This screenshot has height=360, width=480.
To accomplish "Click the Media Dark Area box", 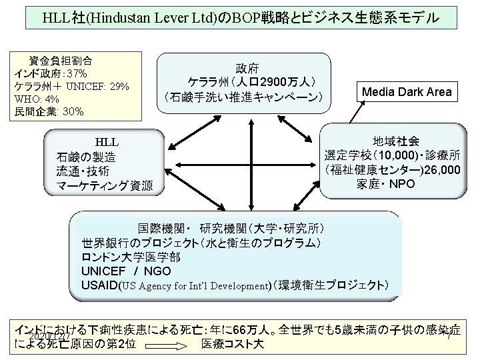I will click(407, 91).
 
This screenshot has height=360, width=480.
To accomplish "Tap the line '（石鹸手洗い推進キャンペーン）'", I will click(243, 98).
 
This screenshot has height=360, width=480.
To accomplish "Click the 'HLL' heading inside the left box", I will click(106, 142).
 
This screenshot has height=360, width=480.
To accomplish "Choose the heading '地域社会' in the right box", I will click(396, 141).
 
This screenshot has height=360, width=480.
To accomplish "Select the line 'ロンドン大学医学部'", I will click(130, 256).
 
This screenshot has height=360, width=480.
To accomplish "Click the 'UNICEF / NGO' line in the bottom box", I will click(126, 271).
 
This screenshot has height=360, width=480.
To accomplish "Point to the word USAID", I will click(99, 285).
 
